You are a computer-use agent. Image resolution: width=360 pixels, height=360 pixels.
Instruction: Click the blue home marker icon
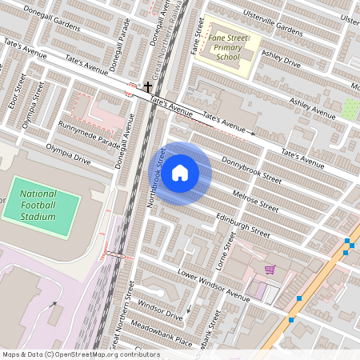pyautogui.click(x=180, y=173)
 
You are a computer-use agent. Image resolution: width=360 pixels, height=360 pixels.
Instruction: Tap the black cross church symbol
pyautogui.click(x=147, y=86)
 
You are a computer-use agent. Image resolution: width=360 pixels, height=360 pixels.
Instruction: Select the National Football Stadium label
pyautogui.click(x=38, y=205)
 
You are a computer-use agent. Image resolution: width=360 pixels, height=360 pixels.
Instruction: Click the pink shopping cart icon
pyautogui.click(x=270, y=270)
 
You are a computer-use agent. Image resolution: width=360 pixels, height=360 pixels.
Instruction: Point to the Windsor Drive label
pyautogui.click(x=160, y=311)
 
